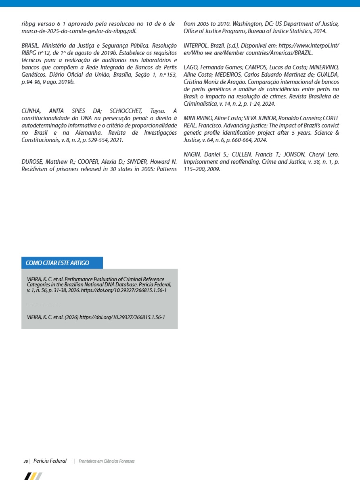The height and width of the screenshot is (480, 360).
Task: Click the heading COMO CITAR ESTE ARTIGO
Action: point(57,263)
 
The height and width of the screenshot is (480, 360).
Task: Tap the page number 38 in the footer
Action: point(25,461)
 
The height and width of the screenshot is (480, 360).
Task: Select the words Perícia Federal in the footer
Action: point(50,461)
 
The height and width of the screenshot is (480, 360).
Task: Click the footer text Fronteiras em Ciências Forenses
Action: point(107,461)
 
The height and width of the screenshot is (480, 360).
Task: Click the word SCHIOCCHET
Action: point(126,111)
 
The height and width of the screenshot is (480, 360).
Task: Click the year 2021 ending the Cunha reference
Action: point(116,140)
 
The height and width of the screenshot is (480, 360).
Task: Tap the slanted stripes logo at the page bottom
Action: point(33,476)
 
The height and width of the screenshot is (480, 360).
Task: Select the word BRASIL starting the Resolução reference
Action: point(30,45)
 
